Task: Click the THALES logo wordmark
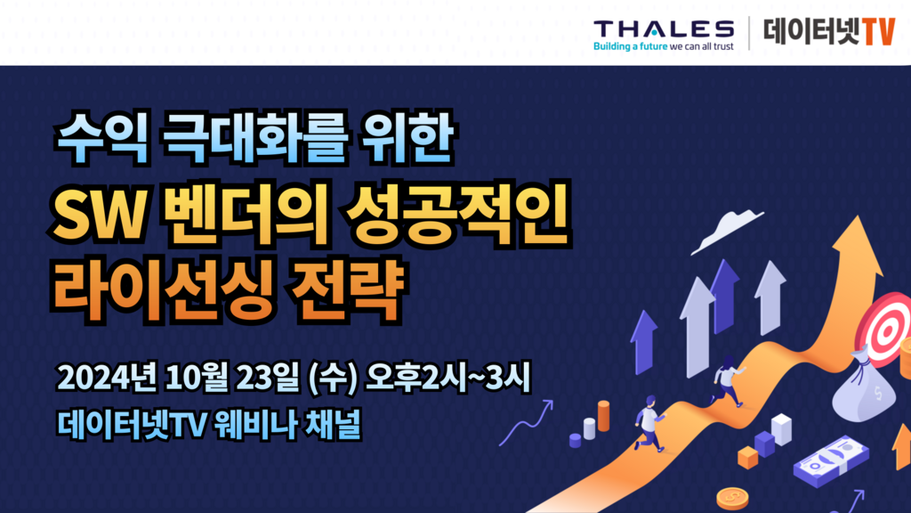[x=664, y=28]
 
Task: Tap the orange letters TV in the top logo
[x=878, y=31]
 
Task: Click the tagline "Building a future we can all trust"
[x=664, y=46]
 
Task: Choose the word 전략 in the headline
[x=347, y=291]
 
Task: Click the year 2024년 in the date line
[x=107, y=378]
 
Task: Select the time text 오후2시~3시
[x=447, y=378]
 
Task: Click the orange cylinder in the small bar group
[x=604, y=416]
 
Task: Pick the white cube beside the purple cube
[x=781, y=429]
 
